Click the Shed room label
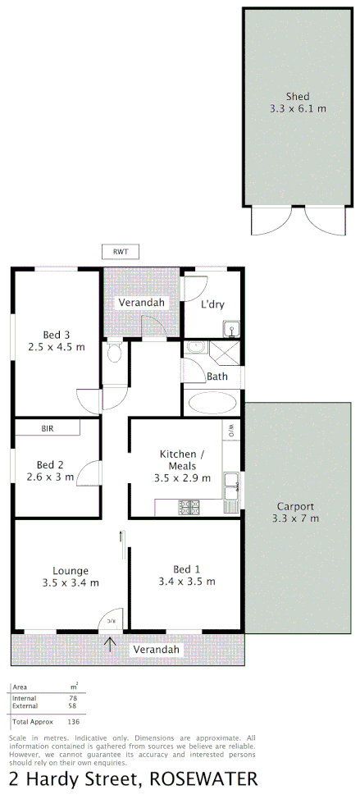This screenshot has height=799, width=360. [298, 97]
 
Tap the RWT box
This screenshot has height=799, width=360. [121, 251]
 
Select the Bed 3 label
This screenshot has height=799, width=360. [57, 334]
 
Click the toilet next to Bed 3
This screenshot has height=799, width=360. [114, 354]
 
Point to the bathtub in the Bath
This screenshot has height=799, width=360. [212, 403]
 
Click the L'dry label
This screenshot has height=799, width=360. [212, 304]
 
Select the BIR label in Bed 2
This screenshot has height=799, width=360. [47, 427]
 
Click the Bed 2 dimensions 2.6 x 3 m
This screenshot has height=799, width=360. [50, 476]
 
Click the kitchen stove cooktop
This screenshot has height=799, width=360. [189, 508]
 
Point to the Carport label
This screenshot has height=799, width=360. [295, 506]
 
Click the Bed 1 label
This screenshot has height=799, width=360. [186, 569]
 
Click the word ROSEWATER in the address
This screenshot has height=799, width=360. [209, 778]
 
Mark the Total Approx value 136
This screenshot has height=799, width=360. [74, 722]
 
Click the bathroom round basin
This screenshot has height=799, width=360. [195, 348]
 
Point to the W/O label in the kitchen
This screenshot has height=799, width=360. [231, 430]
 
